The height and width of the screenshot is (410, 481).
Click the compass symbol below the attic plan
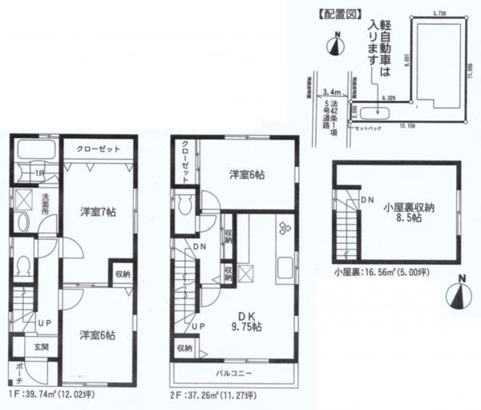click(459, 293)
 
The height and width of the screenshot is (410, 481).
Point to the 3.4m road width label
click(329, 91)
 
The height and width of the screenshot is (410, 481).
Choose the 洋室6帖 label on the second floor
click(246, 175)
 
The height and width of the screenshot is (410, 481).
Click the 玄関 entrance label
click(41, 347)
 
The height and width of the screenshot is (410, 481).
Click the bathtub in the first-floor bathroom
click(33, 150)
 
